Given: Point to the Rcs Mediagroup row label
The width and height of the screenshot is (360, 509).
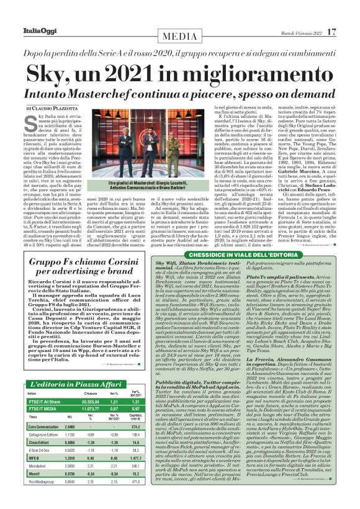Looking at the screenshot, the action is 42,498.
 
